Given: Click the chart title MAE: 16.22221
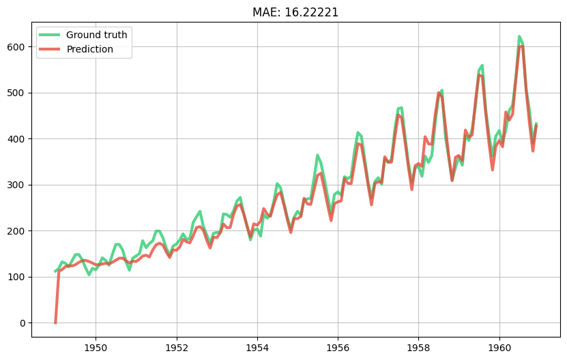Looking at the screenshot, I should pos(295,12).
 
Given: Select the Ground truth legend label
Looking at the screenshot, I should pos(97,35).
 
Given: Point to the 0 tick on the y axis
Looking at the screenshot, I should pos(23,323).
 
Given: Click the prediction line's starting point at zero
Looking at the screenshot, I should pos(55,322).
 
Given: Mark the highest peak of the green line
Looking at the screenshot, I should pos(519,37).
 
